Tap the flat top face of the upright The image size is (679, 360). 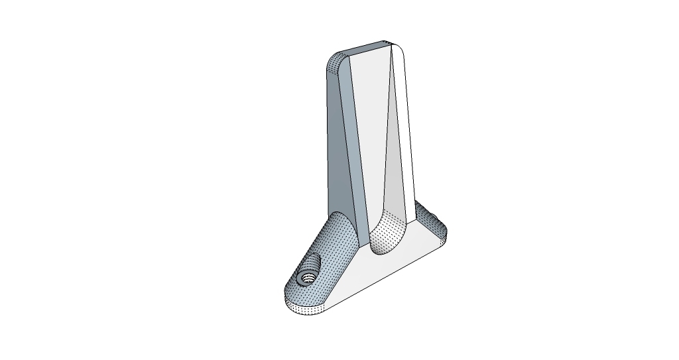click(x=368, y=48)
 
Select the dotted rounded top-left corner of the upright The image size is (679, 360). click(x=334, y=64)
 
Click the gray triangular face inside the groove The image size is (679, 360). click(x=397, y=166)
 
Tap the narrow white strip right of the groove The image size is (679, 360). click(x=408, y=133)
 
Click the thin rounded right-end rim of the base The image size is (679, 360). click(x=443, y=242)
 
